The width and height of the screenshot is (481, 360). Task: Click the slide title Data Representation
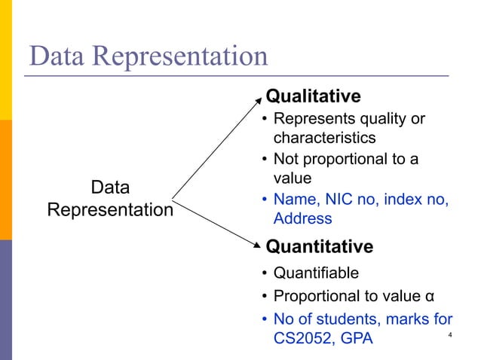click(x=148, y=56)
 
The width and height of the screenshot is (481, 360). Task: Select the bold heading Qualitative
click(x=314, y=96)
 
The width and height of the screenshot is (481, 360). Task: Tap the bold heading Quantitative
click(x=320, y=247)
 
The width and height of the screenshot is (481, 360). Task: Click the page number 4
click(x=449, y=335)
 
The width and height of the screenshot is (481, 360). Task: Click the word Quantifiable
click(x=316, y=273)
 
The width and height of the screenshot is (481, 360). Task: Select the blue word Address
click(x=302, y=218)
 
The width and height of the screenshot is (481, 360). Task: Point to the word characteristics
click(x=324, y=139)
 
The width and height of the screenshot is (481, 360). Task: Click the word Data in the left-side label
click(x=110, y=188)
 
